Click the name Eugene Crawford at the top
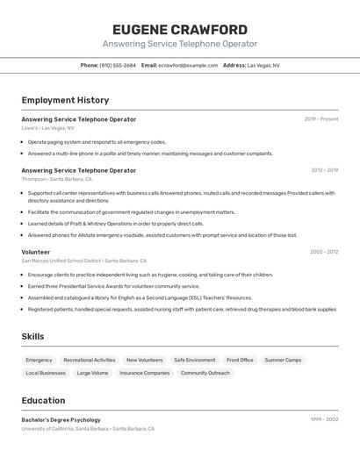pyautogui.click(x=180, y=30)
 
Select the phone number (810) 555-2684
pyautogui.click(x=118, y=65)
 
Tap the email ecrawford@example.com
pyautogui.click(x=188, y=65)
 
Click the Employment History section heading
pyautogui.click(x=65, y=100)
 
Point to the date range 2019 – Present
pyautogui.click(x=321, y=119)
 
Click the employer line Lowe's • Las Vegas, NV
pyautogui.click(x=48, y=128)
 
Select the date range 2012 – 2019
pyautogui.click(x=324, y=170)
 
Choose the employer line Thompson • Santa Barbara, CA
pyautogui.click(x=57, y=179)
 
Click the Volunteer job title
pyautogui.click(x=36, y=252)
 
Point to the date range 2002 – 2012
pyautogui.click(x=324, y=252)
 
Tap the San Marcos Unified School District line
pyautogui.click(x=84, y=261)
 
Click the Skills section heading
pyautogui.click(x=33, y=336)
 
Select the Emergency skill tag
pyautogui.click(x=39, y=360)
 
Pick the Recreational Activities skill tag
pyautogui.click(x=90, y=360)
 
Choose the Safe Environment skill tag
pyautogui.click(x=194, y=360)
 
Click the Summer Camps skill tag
pyautogui.click(x=283, y=360)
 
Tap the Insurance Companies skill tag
pyautogui.click(x=145, y=373)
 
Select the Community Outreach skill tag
pyautogui.click(x=205, y=373)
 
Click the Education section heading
pyautogui.click(x=43, y=400)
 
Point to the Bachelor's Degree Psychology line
pyautogui.click(x=61, y=420)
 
